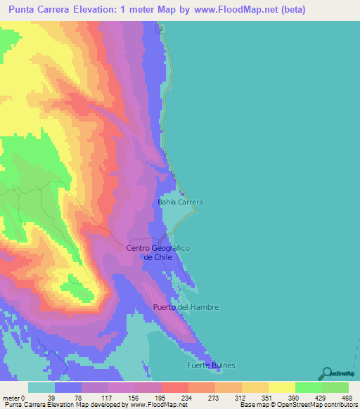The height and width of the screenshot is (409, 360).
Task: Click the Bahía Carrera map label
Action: click(x=180, y=202)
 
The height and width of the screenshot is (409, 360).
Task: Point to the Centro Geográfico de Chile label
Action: click(x=158, y=252)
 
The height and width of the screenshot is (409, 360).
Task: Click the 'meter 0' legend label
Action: click(x=14, y=397)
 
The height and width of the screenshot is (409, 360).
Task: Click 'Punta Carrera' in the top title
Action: click(x=39, y=9)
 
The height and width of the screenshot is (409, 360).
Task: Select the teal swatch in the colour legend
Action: click(x=41, y=387)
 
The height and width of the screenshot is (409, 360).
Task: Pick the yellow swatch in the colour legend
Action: click(x=281, y=387)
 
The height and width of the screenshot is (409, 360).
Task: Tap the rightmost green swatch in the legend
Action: click(x=335, y=387)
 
